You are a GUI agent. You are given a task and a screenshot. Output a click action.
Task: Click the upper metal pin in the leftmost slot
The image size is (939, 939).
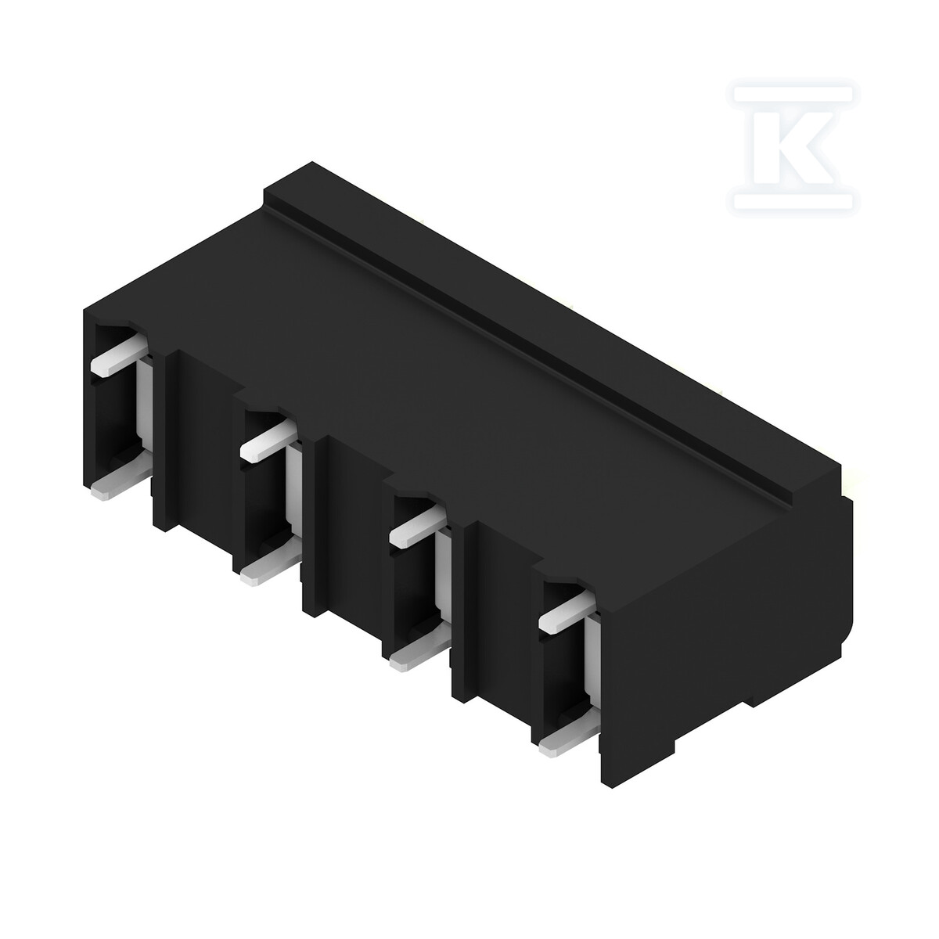pyautogui.click(x=120, y=357)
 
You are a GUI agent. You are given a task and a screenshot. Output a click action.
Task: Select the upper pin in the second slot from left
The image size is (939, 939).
pyautogui.click(x=268, y=442)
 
